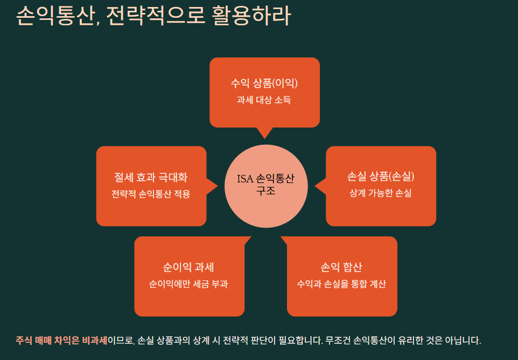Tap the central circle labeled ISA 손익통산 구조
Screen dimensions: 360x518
(266, 186)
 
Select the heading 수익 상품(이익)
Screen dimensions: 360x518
(264, 83)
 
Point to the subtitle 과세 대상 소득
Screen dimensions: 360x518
(264, 100)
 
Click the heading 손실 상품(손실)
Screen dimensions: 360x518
(381, 177)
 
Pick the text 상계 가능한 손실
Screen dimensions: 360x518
(381, 193)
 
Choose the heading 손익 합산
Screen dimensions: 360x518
(341, 267)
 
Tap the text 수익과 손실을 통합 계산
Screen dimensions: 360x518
(341, 284)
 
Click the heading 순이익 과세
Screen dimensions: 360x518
(188, 267)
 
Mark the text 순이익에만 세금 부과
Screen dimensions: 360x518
(188, 284)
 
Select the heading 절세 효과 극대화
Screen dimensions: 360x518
(151, 177)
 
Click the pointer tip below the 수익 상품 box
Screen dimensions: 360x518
(264, 136)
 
